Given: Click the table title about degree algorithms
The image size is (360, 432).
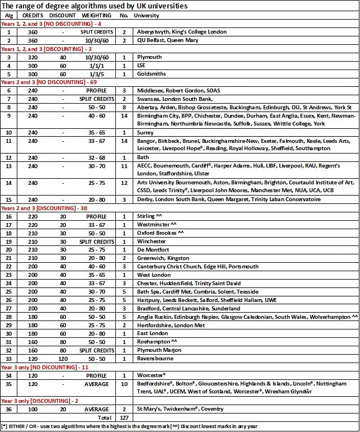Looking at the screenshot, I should click(95, 6).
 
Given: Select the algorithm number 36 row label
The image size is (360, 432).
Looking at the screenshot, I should click(8, 409).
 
